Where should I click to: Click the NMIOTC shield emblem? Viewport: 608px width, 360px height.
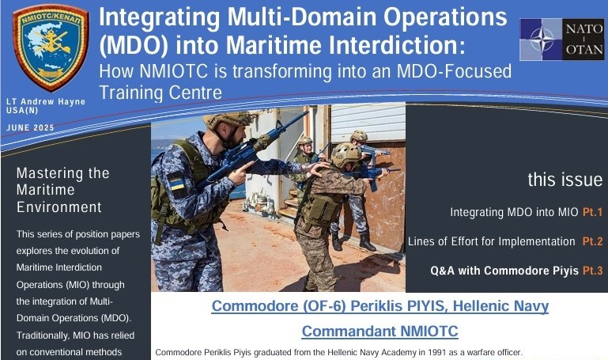pos(51,47)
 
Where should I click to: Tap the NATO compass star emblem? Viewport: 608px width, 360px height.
pos(542,40)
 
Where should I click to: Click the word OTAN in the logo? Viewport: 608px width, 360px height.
pos(584,50)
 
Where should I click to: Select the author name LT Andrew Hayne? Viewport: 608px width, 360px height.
pos(46,101)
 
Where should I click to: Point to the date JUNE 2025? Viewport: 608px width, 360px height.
pos(30,127)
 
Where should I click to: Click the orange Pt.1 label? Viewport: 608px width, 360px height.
pos(592,212)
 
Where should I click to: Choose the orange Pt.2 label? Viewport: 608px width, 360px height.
pos(592,241)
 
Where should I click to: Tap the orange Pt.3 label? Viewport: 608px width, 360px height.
pos(593,271)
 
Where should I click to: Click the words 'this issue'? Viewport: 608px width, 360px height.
pos(565,180)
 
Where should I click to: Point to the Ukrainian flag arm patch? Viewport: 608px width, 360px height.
pos(177,181)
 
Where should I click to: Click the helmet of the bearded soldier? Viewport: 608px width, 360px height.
pos(228,119)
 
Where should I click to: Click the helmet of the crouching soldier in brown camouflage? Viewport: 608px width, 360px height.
pos(346,153)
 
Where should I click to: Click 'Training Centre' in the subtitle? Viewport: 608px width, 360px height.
pos(160,93)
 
